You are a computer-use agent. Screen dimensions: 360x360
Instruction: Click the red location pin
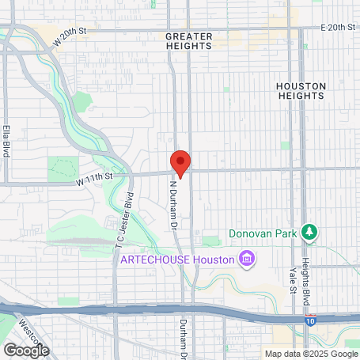pyautogui.click(x=181, y=163)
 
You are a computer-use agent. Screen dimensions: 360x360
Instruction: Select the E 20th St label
pyautogui.click(x=326, y=28)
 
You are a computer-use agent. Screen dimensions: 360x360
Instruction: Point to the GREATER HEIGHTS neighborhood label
pyautogui.click(x=189, y=41)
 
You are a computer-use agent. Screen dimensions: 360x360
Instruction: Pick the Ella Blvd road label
pyautogui.click(x=6, y=139)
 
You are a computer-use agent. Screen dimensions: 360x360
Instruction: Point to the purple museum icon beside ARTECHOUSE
pyautogui.click(x=247, y=260)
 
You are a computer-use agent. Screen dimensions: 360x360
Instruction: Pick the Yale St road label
pyautogui.click(x=292, y=279)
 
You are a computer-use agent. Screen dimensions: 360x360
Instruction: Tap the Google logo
pyautogui.click(x=27, y=350)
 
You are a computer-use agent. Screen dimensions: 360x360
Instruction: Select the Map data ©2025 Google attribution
pyautogui.click(x=311, y=354)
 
